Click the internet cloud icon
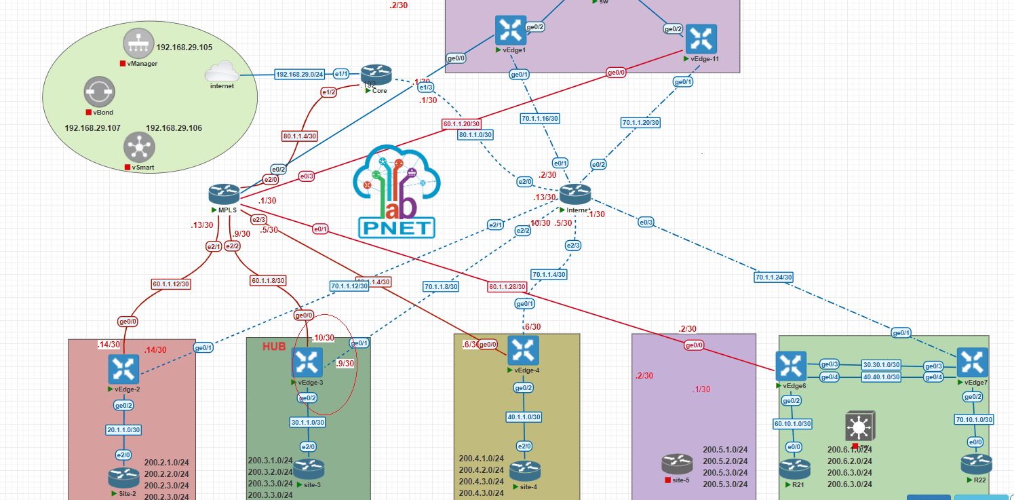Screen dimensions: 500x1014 tap(221, 71)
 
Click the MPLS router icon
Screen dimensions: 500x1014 tap(224, 193)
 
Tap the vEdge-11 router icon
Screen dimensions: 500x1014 tap(701, 39)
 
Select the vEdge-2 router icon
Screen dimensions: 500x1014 tap(123, 368)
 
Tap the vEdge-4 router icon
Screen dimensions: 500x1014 tap(523, 351)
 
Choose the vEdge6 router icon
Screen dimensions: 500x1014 tap(791, 366)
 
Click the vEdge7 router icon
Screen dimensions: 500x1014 tap(972, 363)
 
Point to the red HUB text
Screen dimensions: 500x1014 tap(275, 347)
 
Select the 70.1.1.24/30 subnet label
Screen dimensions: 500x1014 tap(773, 277)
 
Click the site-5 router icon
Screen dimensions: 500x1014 tap(676, 464)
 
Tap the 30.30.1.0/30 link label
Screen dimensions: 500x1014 tap(881, 364)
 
